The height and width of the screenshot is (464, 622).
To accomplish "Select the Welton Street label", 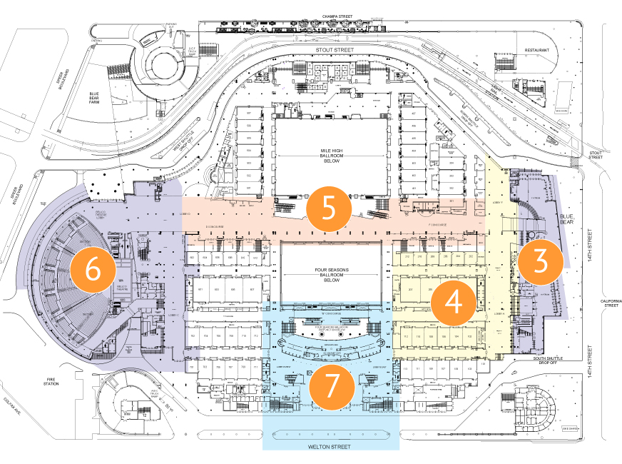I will [x=330, y=447].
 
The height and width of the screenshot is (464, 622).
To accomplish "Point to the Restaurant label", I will [x=537, y=50].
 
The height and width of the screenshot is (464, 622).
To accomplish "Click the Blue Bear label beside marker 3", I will [x=567, y=221].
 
